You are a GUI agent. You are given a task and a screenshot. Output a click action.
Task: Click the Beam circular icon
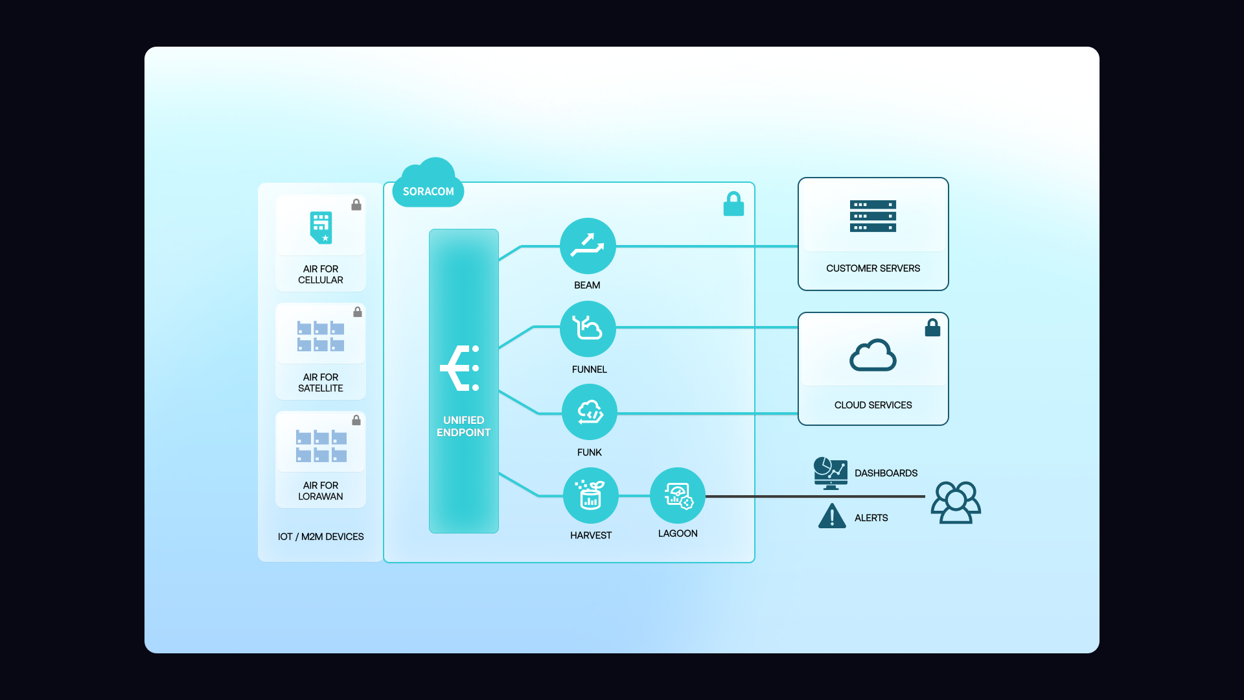tap(588, 246)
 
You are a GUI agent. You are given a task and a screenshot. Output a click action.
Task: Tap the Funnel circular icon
tap(588, 329)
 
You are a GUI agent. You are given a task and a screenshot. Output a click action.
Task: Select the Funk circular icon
tap(590, 412)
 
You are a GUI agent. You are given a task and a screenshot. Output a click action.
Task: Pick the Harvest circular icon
tap(590, 495)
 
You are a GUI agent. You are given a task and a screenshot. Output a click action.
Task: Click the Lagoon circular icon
tap(678, 495)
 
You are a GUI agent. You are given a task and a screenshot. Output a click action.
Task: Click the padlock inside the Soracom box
tap(733, 204)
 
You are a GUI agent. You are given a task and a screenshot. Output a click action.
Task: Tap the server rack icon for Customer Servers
tap(873, 216)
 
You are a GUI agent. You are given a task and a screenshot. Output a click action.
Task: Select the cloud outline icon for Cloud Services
tap(873, 355)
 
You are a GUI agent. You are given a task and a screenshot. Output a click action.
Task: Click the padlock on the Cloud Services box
tap(932, 328)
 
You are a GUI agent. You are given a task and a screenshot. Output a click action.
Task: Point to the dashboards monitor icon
tap(831, 473)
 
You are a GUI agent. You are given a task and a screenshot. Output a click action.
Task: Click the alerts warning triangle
tap(832, 517)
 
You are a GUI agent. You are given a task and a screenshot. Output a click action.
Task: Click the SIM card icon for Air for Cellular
tap(321, 227)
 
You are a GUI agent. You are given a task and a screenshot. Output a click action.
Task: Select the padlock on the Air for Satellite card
tap(358, 312)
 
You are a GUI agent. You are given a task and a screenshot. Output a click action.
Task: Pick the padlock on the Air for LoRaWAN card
tap(356, 420)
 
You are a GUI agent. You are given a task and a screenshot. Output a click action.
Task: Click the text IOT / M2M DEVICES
tap(321, 537)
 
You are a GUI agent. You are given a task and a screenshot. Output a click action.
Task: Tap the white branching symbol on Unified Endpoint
tap(460, 368)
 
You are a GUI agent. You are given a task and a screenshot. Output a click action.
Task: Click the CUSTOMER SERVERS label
tap(873, 268)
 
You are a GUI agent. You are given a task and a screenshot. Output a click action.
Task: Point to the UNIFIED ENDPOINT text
tap(463, 426)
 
